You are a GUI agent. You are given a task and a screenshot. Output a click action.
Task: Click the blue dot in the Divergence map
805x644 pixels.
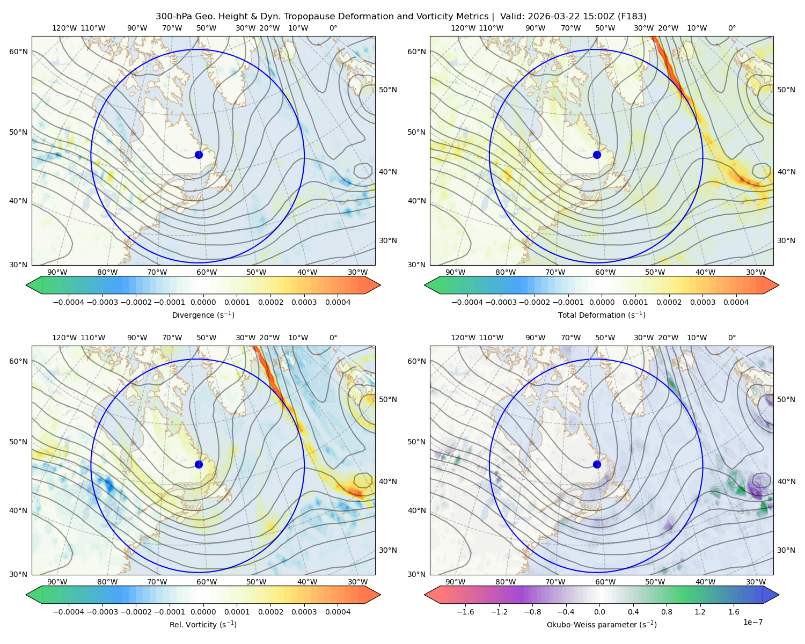point(199,155)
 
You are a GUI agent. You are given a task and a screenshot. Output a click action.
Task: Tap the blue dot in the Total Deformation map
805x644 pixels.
point(597,155)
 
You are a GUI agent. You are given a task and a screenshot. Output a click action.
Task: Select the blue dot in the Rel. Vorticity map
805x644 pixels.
point(199,464)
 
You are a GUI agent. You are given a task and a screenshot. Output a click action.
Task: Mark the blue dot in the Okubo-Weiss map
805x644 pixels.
point(597,464)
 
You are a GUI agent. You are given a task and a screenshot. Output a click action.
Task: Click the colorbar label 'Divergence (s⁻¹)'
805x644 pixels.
point(203,315)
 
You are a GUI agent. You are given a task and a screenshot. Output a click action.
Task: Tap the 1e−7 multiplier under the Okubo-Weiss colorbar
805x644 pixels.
point(752,622)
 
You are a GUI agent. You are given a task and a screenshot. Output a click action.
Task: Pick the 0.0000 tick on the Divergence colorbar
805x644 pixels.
point(203,302)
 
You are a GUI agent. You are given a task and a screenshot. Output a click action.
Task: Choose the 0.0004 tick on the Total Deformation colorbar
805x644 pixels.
point(736,302)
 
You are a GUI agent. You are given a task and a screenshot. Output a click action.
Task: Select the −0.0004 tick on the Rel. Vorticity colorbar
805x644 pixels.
point(69,612)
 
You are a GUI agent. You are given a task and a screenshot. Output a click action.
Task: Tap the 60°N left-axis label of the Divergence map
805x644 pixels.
point(18,52)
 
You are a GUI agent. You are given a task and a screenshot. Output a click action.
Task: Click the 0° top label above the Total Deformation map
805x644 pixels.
point(732,28)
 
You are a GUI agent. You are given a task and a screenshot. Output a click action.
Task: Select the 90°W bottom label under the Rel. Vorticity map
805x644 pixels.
point(57,582)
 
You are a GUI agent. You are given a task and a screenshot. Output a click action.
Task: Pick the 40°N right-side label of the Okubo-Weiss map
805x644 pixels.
point(786,481)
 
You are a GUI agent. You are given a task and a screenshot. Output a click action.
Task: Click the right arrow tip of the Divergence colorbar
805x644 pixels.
point(380,285)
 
